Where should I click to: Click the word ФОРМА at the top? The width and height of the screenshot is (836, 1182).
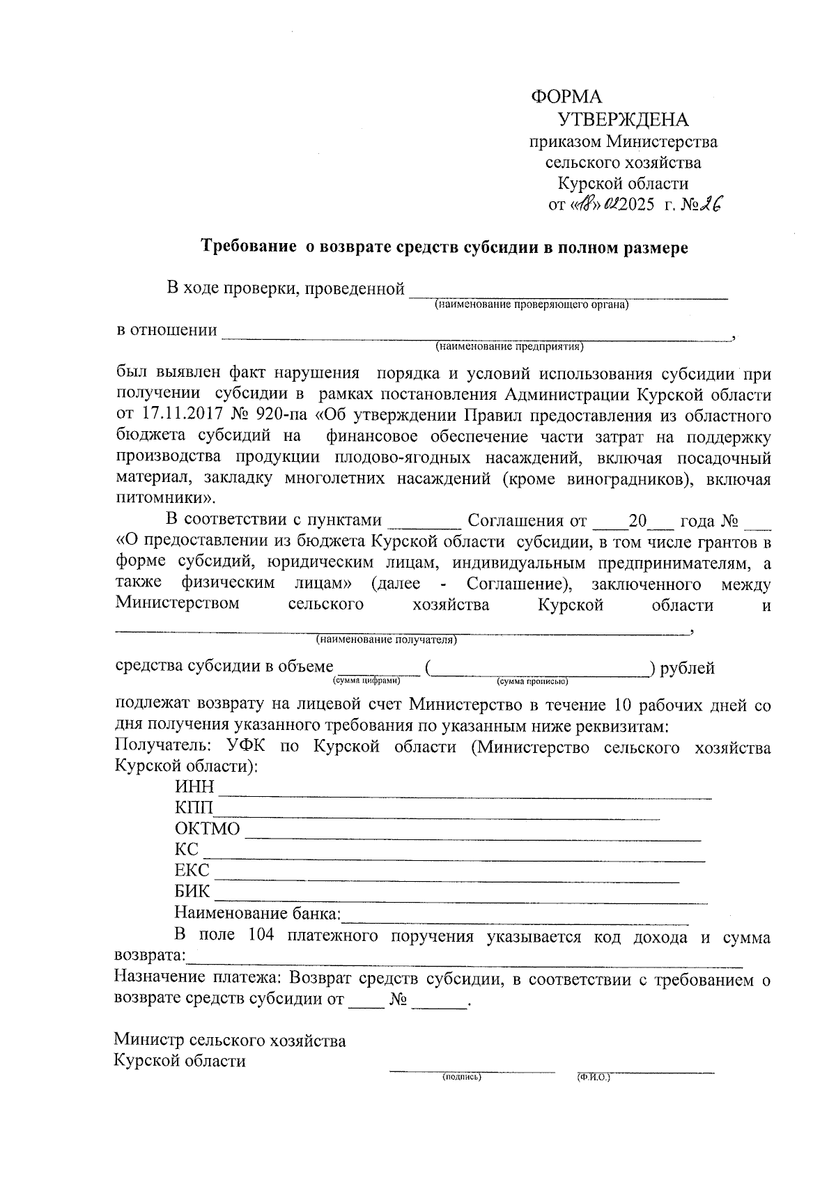(566, 97)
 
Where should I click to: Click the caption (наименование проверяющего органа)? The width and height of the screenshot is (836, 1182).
(531, 304)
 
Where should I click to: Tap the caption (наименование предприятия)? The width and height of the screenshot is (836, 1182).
(509, 346)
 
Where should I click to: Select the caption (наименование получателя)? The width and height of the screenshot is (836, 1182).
(387, 639)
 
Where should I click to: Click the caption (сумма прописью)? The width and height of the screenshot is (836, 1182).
(533, 681)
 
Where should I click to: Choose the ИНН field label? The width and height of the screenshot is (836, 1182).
(195, 788)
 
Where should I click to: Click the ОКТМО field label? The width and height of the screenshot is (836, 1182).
(207, 829)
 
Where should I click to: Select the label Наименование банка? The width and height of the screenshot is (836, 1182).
(257, 913)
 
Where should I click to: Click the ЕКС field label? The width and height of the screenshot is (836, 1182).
(192, 871)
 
